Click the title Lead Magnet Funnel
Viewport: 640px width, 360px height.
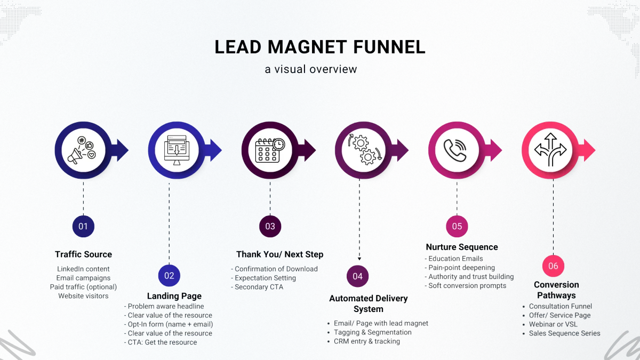pos(320,47)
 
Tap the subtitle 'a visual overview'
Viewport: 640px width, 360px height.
pos(311,69)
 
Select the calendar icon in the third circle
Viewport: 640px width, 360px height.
pos(270,150)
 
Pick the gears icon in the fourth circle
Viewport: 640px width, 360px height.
pos(363,150)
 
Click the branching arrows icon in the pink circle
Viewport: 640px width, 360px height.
pos(550,150)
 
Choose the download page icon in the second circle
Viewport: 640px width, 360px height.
pos(175,150)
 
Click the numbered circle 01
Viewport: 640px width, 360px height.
pos(83,226)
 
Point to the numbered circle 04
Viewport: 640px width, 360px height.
pos(357,276)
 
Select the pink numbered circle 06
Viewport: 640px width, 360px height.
pos(553,266)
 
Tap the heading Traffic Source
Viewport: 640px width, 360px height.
pos(83,254)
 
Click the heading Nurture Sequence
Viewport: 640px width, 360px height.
pos(461,247)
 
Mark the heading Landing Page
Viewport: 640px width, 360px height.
pos(174,296)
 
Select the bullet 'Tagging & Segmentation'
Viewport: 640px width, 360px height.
pos(369,332)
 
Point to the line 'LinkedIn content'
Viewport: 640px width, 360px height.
pos(83,269)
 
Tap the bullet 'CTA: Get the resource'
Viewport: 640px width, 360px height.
pos(162,342)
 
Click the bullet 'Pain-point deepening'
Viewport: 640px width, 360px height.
pos(462,268)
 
